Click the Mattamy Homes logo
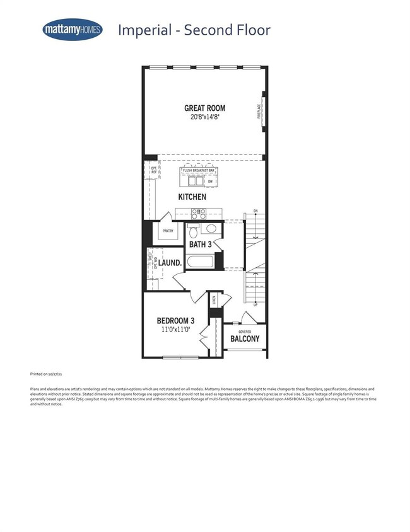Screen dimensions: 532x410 72,30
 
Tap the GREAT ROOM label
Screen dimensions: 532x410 204,108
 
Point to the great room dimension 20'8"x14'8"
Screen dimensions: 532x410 204,117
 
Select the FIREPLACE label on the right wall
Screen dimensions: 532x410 259,116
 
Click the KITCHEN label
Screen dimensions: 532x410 192,197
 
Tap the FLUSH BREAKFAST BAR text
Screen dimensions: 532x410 199,170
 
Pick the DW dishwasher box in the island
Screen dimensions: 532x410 209,181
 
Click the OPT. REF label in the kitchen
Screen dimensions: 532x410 153,170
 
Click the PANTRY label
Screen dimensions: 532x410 168,231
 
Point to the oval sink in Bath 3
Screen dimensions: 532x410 212,228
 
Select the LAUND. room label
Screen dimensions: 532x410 170,262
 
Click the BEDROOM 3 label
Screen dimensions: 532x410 175,321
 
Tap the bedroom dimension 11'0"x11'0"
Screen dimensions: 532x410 175,330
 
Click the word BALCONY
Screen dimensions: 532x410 244,338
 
